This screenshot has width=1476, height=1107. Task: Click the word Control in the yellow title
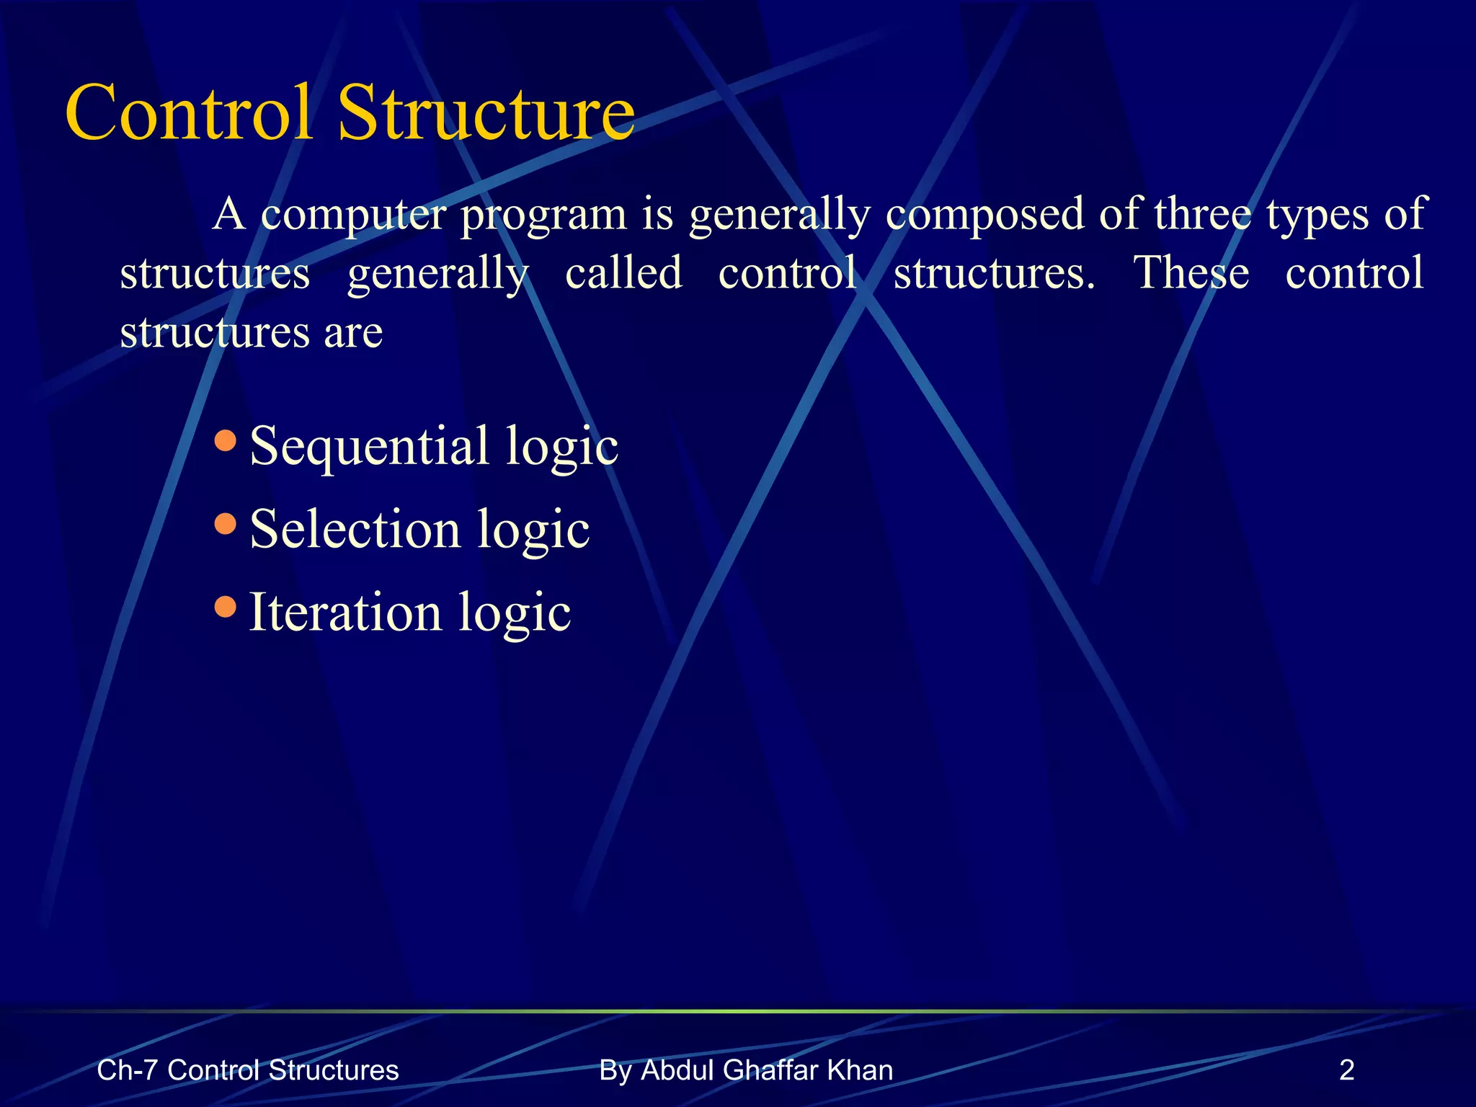tap(189, 113)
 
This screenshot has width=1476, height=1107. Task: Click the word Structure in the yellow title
tap(486, 113)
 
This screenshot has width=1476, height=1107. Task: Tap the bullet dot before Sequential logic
tap(226, 440)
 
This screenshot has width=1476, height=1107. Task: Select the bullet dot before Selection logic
tap(226, 523)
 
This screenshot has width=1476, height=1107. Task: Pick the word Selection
tap(355, 529)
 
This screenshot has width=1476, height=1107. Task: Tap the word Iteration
tap(344, 613)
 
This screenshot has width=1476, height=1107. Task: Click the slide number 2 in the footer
tap(1346, 1070)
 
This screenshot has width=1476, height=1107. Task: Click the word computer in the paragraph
tap(353, 215)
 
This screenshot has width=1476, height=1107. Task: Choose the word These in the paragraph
tap(1191, 273)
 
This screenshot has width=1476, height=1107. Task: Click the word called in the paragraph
tap(623, 273)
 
